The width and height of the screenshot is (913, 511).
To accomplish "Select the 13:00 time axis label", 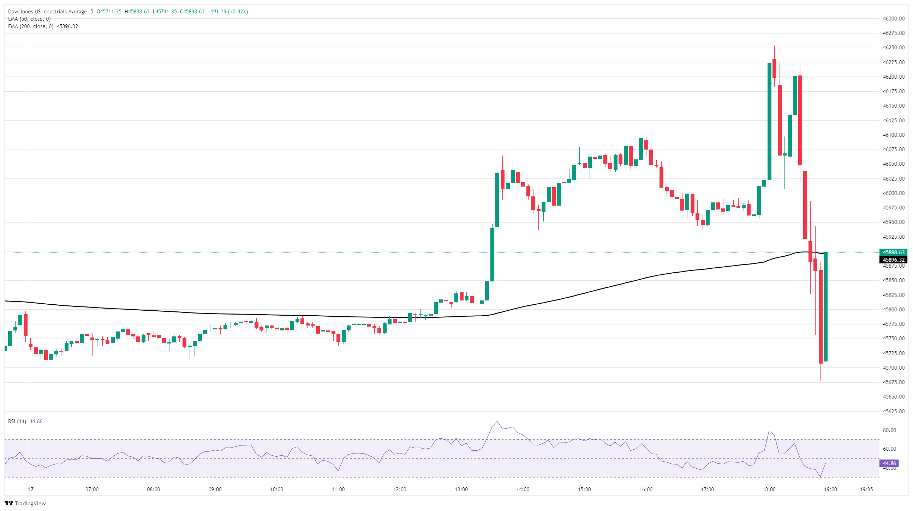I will coord(461,489).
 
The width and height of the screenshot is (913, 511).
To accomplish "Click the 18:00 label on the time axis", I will coord(769,489).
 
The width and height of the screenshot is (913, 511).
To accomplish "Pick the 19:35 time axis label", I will coord(866,489).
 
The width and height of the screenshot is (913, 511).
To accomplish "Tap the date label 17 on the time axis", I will coord(31,489).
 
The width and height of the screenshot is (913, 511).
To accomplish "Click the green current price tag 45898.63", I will coord(893,253).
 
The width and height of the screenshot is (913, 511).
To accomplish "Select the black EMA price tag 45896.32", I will coord(893,260).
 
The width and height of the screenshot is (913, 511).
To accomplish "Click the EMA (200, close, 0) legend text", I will coord(30,26).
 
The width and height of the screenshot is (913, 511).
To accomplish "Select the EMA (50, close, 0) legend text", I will coord(29,19).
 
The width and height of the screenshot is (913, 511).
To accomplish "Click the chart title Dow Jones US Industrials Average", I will coord(48,12).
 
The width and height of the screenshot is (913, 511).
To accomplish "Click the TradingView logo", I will coord(25,503).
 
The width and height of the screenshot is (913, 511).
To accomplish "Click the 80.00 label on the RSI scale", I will coord(889,430).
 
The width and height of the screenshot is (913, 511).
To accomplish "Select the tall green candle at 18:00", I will coord(769,121).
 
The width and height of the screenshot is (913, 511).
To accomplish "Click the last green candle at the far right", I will coord(826,307).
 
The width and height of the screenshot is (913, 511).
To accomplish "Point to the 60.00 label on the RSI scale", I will coord(889,449).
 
